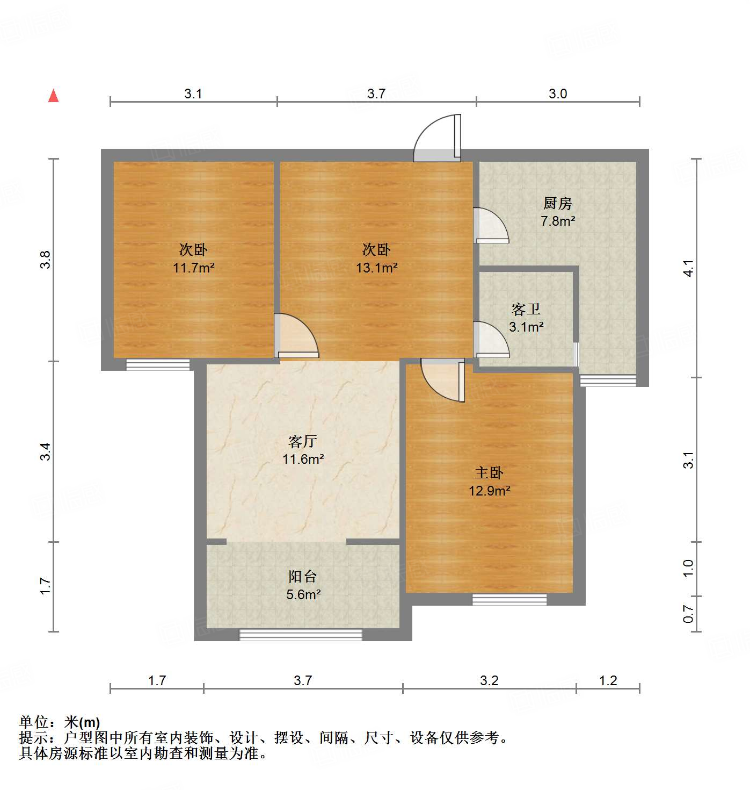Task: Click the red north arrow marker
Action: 53,96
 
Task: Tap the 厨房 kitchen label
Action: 557,204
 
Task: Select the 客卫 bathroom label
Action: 526,310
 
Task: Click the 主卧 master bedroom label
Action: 489,473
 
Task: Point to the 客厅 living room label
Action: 303,442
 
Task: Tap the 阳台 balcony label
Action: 303,577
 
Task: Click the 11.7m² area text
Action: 193,267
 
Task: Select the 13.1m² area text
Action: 376,267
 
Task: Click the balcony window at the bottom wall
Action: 301,635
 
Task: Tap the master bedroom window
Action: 509,599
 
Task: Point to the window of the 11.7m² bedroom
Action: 158,365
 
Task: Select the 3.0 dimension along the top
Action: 558,94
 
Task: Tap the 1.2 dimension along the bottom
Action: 608,681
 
